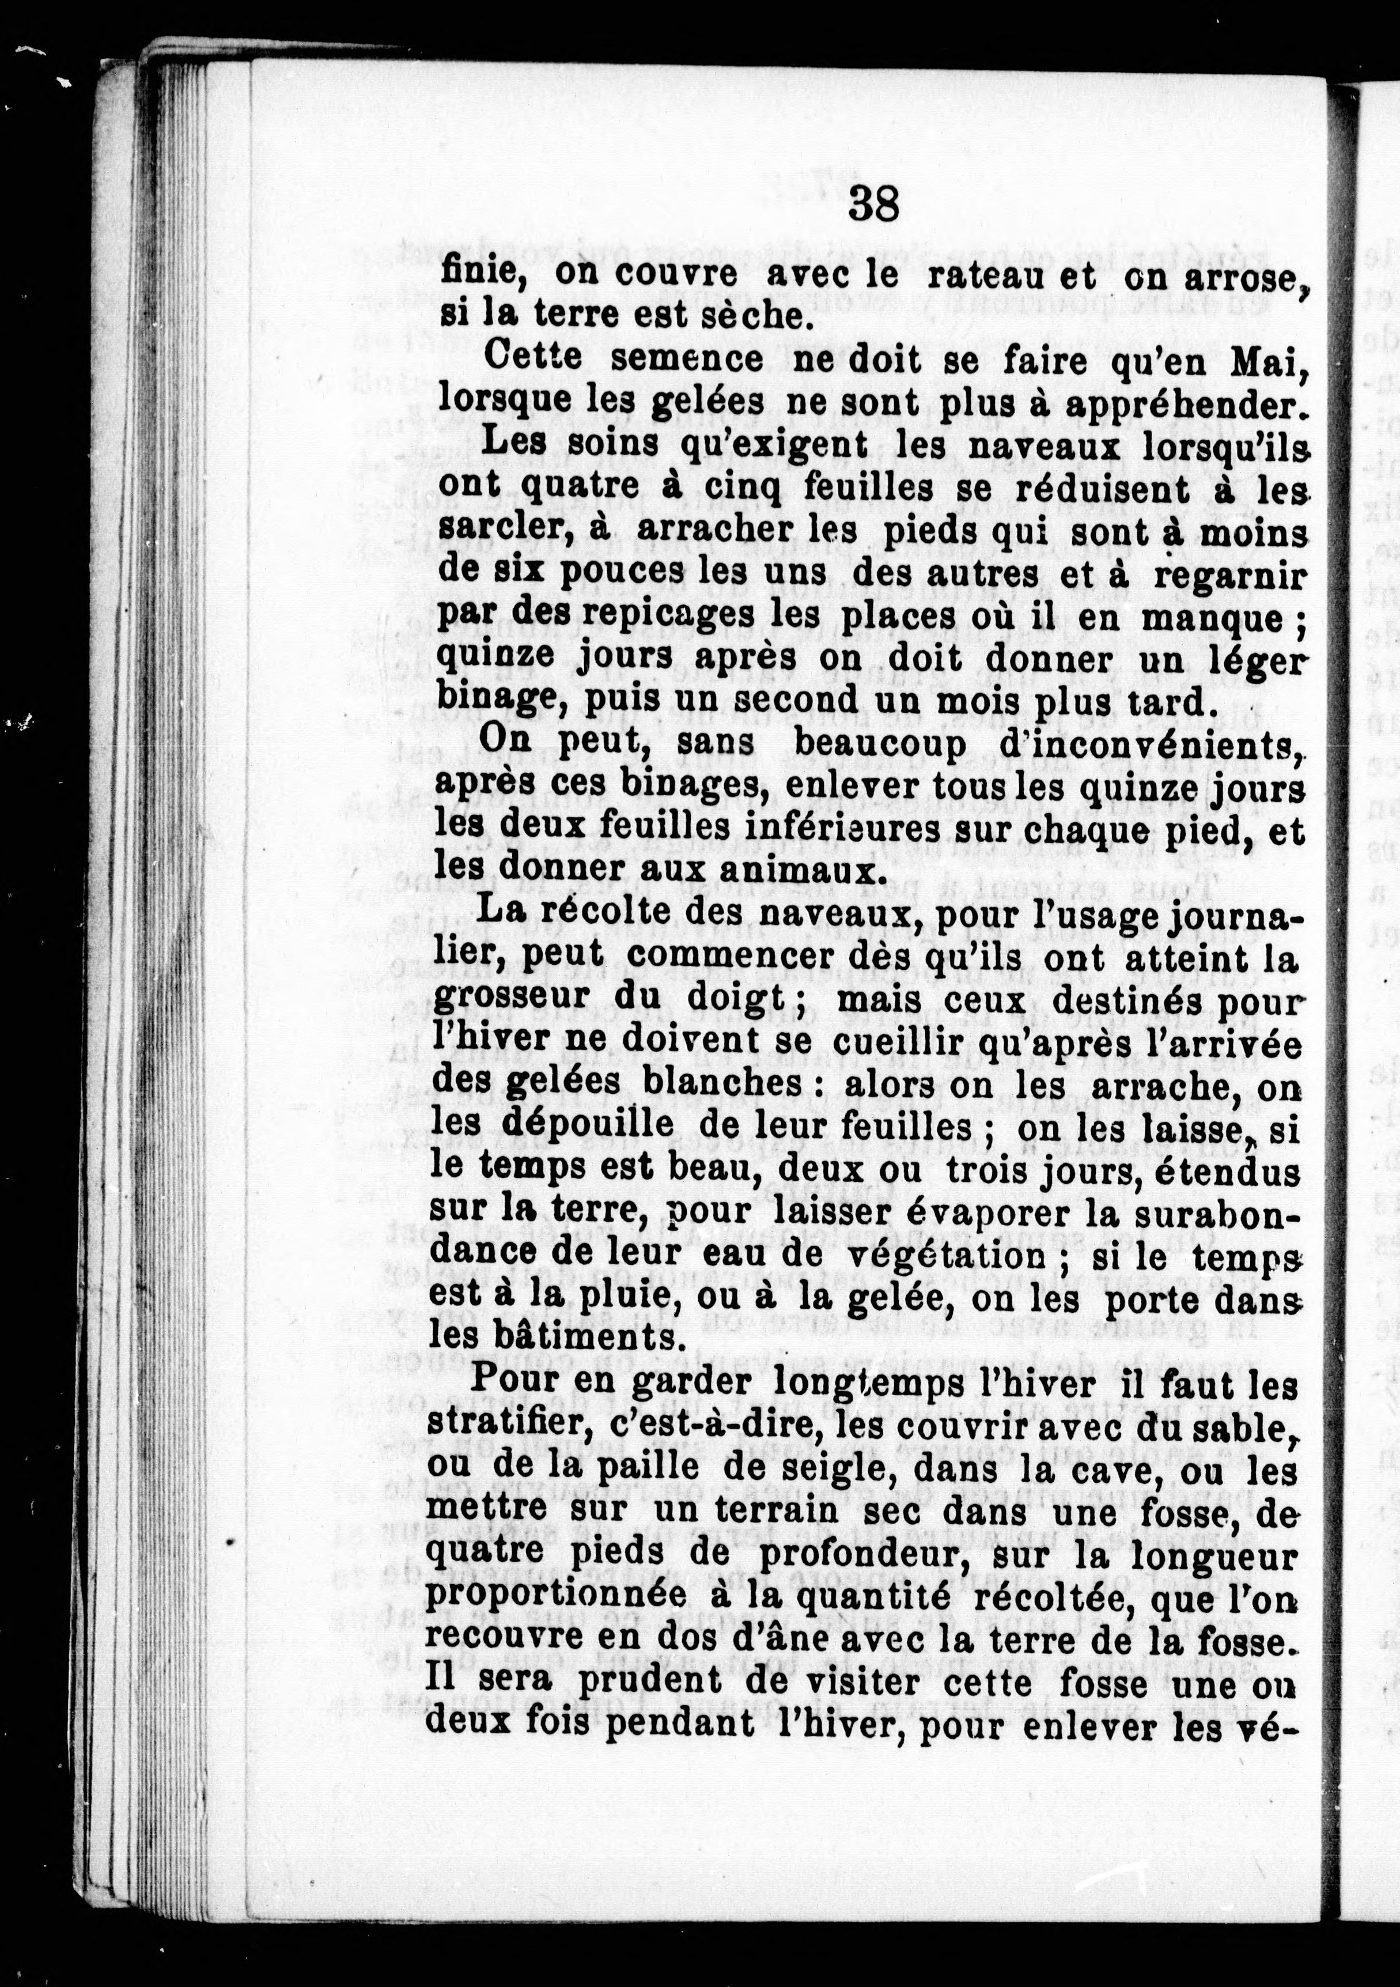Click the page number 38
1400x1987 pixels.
pyautogui.click(x=874, y=204)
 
